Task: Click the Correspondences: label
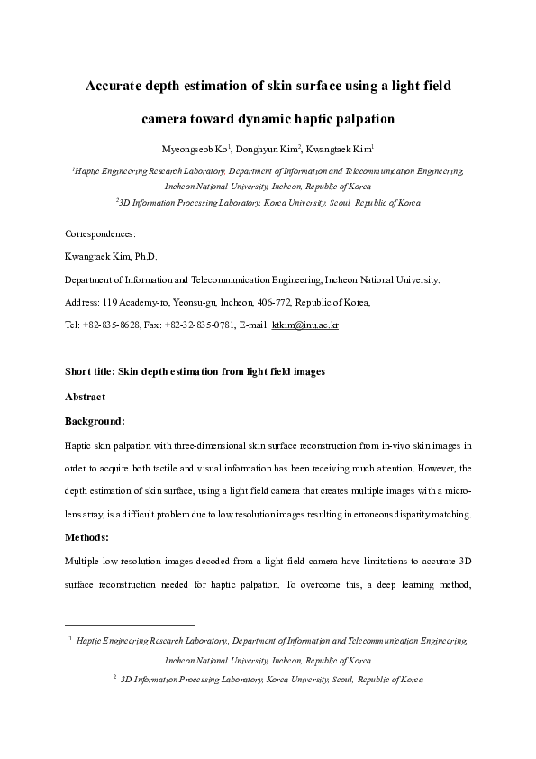[100, 233]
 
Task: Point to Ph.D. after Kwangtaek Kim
[145, 257]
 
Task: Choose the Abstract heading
[85, 397]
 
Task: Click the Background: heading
[95, 420]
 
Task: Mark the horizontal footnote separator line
[130, 624]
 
